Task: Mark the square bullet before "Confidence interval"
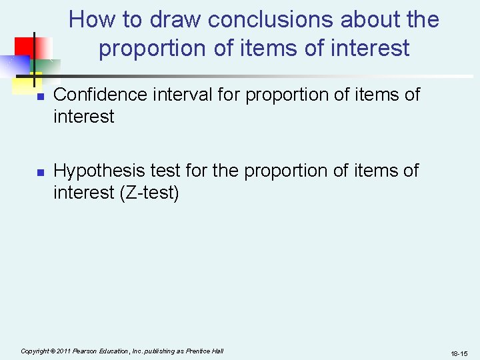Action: pos(39,97)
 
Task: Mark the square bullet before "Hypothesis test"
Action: pos(39,173)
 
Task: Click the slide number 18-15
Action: pos(459,353)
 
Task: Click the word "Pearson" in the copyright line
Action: pos(89,351)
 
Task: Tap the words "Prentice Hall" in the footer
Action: pos(205,351)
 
